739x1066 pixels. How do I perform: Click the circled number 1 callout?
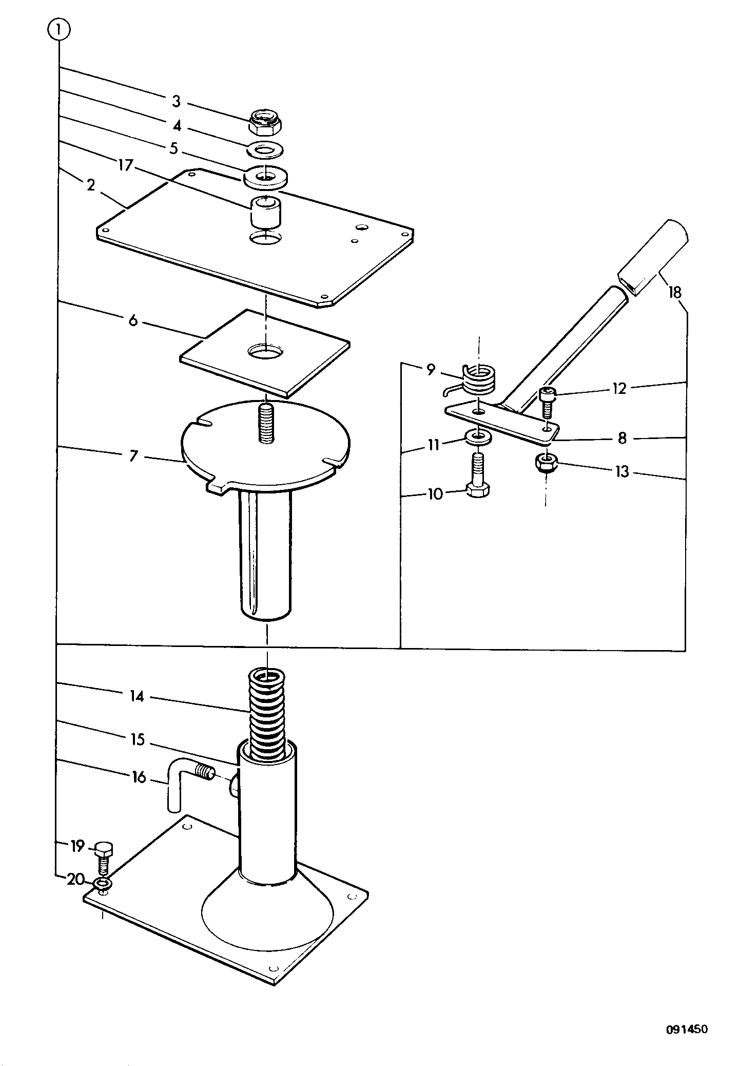coord(59,30)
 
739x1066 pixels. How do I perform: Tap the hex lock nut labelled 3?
coord(267,122)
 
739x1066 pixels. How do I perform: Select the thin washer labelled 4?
coord(267,150)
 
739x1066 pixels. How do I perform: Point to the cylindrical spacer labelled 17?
coord(266,212)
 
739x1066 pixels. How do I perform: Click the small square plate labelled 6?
coord(265,352)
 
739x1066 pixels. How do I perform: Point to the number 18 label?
coord(674,293)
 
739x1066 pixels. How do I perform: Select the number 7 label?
coord(133,456)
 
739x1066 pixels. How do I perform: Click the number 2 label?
coord(91,185)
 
